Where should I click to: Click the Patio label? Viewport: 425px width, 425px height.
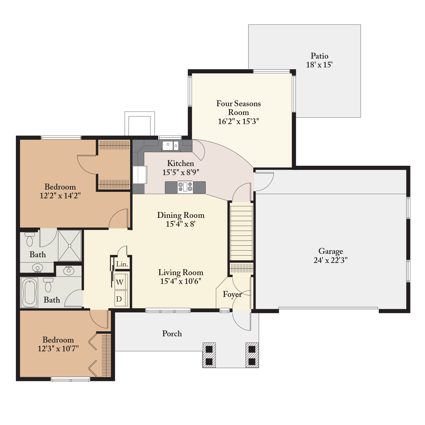(x=319, y=56)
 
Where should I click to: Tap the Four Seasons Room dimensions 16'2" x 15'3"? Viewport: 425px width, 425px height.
(x=238, y=121)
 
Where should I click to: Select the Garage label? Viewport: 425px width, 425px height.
(x=331, y=251)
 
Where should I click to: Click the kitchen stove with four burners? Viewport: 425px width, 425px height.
(x=185, y=187)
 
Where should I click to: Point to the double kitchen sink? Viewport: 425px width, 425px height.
(x=170, y=146)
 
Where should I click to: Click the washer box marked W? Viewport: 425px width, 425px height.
(x=121, y=282)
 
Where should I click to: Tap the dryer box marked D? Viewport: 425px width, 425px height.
(x=121, y=299)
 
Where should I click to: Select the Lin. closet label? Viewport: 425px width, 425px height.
(x=122, y=264)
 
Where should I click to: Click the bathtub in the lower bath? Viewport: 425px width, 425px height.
(x=30, y=293)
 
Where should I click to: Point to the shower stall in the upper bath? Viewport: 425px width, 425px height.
(x=70, y=246)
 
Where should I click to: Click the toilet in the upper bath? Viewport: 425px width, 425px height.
(x=29, y=239)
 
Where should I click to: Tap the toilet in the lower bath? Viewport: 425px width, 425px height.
(x=48, y=285)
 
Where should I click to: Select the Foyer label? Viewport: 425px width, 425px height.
(x=232, y=295)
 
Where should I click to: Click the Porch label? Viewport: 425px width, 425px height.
(x=172, y=333)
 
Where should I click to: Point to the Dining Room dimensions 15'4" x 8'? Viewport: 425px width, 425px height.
(x=181, y=224)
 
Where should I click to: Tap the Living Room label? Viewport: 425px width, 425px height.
(x=181, y=273)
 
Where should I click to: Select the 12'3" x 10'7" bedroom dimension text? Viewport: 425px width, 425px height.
(x=58, y=348)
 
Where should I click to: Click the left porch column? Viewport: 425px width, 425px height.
(x=209, y=355)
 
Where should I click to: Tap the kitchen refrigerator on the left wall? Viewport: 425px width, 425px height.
(x=140, y=175)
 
